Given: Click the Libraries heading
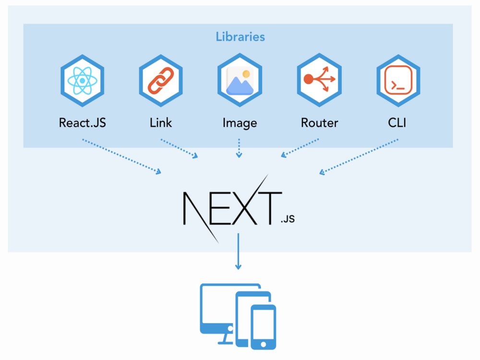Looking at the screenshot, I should coord(240,36).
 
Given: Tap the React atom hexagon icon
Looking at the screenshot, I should coord(83,80).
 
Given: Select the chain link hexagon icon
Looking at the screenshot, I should coord(161,80).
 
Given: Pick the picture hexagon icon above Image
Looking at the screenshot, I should coord(240,80).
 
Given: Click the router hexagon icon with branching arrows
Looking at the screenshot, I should coord(319,80).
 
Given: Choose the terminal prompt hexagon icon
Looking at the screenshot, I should coord(398,80).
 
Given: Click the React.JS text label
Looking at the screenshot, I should coord(83,122).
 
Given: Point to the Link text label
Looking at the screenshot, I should coord(161,122).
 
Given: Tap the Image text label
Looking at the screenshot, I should coord(240,123).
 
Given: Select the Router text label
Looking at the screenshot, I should coord(319,122).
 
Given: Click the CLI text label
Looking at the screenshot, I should coord(397,122).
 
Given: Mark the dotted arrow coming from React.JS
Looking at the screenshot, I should coord(122,156).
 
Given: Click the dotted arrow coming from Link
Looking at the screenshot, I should coord(180,148).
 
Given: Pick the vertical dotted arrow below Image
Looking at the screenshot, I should coord(239,148).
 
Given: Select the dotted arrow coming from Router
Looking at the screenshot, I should coord(300,148).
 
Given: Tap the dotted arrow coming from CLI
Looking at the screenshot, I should coord(359,156).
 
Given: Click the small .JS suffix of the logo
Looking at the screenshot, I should coord(287,219).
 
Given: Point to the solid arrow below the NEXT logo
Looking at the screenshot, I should coord(238,252).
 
